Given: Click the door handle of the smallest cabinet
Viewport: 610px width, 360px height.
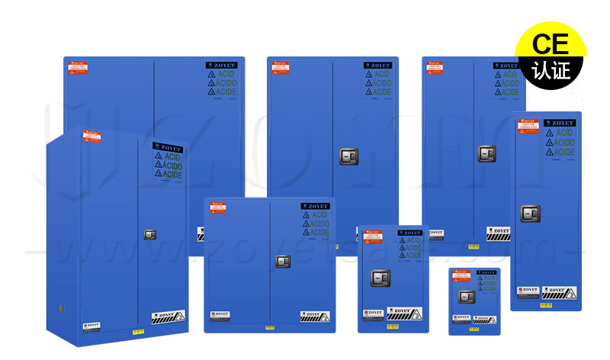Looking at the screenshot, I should tap(466, 297).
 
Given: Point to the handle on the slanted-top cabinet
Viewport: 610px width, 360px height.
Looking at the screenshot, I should tap(150, 234).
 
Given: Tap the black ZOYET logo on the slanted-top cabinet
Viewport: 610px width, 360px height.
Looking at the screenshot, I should tap(167, 147).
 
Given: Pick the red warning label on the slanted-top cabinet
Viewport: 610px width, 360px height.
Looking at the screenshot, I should tap(91, 138).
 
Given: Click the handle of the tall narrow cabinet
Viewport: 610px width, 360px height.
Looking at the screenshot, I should tap(530, 213).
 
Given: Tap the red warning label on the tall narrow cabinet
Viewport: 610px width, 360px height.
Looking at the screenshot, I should tap(528, 127).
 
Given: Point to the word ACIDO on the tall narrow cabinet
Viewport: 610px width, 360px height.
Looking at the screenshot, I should tap(564, 143).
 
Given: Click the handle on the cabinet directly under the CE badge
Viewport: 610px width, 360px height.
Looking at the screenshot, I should tap(487, 153).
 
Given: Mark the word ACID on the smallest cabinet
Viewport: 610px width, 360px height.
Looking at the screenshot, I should tap(488, 278).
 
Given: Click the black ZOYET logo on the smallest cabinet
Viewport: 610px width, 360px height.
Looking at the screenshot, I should tap(486, 272).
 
